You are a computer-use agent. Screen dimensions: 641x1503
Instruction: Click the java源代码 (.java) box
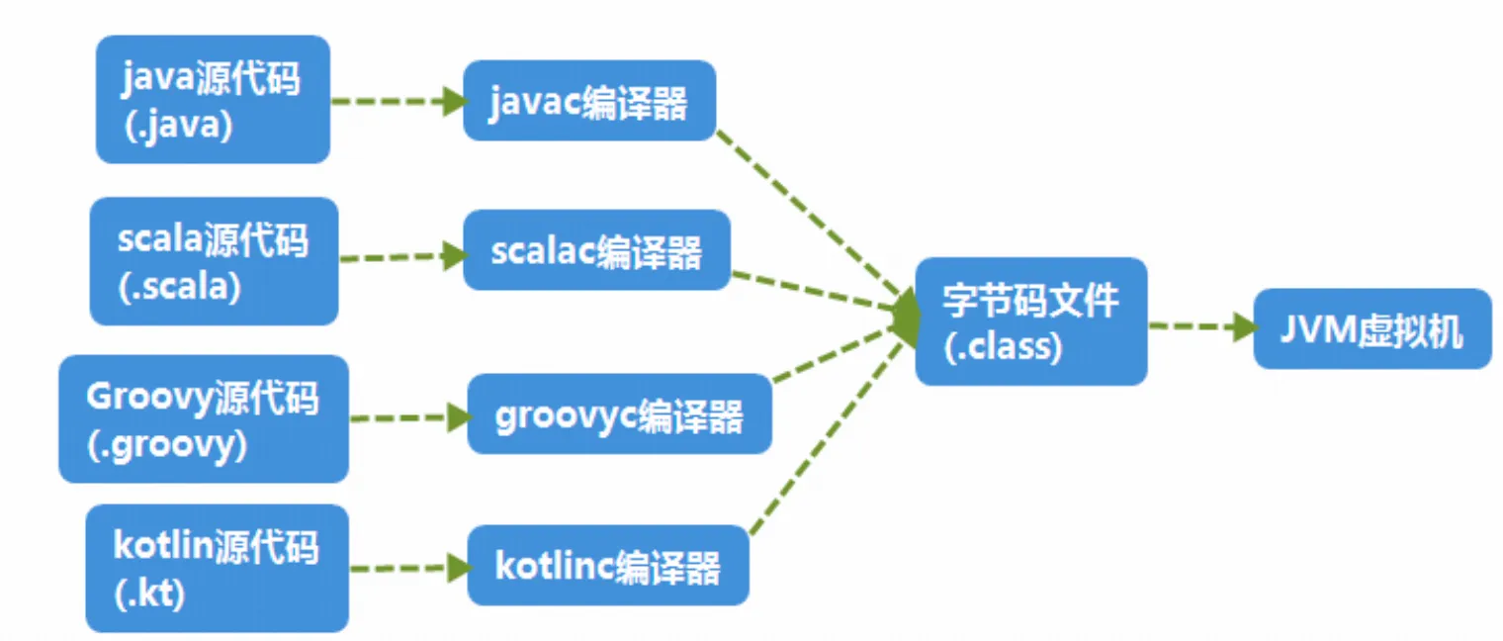tap(212, 100)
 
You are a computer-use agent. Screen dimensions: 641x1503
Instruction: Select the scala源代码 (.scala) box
tap(214, 261)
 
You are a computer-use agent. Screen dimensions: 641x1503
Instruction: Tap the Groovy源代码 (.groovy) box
tap(203, 419)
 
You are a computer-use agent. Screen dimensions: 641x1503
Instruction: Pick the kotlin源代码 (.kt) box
tap(217, 569)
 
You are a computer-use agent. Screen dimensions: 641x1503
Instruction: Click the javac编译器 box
tap(588, 101)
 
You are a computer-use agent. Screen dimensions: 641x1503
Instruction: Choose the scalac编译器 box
tap(596, 250)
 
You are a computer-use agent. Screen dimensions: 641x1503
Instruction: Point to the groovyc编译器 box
tap(619, 414)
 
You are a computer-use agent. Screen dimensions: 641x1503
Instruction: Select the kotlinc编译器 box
tap(607, 566)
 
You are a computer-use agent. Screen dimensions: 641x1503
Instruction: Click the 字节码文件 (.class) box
tap(1030, 321)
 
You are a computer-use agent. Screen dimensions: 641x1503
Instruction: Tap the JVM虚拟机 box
tap(1371, 329)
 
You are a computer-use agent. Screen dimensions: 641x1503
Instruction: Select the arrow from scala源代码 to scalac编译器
tap(401, 258)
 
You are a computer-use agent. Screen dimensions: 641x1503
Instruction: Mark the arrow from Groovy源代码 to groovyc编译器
tap(408, 418)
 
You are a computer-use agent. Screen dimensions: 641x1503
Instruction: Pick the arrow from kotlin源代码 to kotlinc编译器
tap(408, 568)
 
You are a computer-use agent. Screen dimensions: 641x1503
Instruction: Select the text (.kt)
tap(149, 595)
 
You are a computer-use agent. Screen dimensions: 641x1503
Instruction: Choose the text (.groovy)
tap(167, 444)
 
